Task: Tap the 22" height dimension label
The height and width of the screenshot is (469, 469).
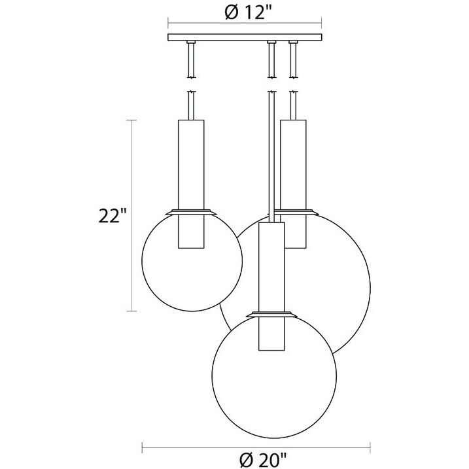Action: point(113,215)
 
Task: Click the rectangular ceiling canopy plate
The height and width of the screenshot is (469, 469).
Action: point(247,37)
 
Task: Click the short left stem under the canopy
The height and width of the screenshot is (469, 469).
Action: point(192,59)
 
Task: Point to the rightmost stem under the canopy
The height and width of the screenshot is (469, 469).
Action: point(292,59)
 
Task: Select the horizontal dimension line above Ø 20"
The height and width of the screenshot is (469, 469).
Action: point(196,448)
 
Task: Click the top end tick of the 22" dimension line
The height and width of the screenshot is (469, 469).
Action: point(134,120)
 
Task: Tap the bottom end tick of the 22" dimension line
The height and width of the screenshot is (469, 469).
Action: point(134,311)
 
